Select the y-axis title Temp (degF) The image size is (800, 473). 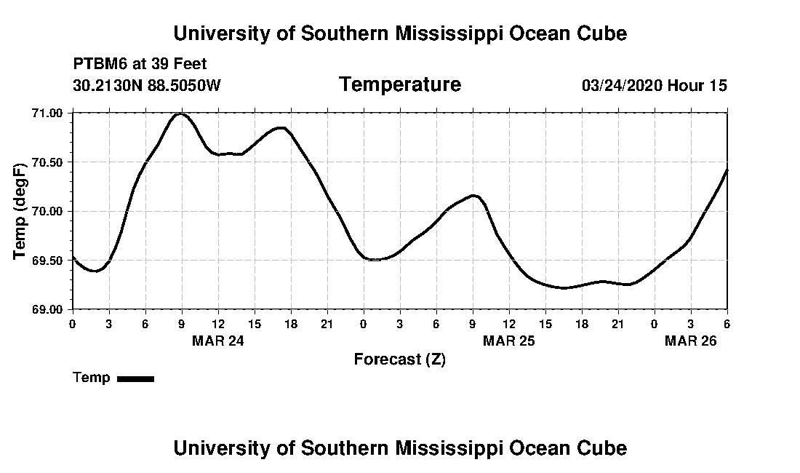tap(21, 211)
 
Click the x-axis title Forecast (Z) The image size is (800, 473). tap(399, 359)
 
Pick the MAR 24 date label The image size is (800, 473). tap(218, 341)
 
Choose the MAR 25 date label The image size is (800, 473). tap(509, 341)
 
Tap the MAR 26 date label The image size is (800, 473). tap(691, 341)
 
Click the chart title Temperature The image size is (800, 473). tap(399, 85)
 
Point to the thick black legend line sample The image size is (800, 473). tap(135, 378)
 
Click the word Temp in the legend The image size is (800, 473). tap(92, 378)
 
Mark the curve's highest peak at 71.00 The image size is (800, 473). tap(180, 114)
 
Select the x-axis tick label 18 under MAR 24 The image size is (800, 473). tap(291, 324)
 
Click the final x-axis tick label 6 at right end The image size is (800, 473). tap(727, 324)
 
